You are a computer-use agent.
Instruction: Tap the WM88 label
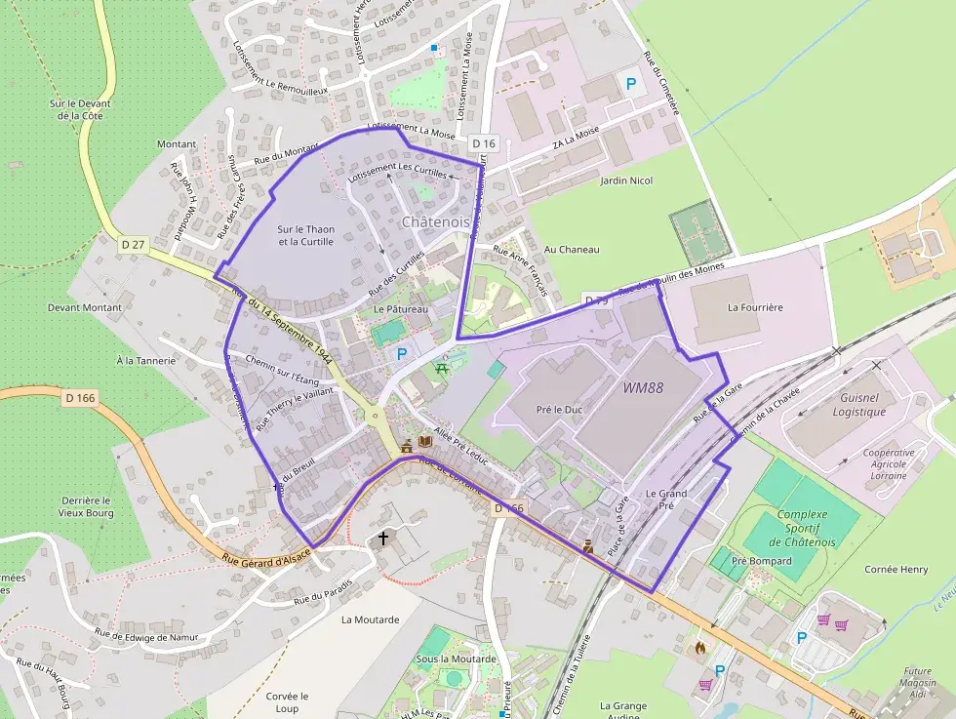(x=643, y=387)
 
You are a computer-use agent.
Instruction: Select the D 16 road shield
(x=483, y=143)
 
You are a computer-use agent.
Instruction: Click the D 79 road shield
(x=596, y=300)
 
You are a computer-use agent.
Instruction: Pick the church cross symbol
(x=383, y=539)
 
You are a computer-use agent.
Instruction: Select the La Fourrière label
(x=755, y=307)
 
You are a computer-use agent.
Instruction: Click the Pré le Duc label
(x=559, y=410)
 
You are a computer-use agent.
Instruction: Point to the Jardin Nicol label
(x=626, y=180)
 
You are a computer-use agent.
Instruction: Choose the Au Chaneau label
(x=572, y=250)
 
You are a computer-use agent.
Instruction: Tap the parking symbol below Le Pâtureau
(x=401, y=355)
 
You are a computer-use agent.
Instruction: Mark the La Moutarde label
(x=370, y=619)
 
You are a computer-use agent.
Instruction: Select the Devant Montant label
(x=85, y=307)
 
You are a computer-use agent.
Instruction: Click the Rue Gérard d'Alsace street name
(x=265, y=557)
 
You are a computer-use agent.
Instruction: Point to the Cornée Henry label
(x=896, y=569)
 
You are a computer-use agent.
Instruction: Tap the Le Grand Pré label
(x=666, y=499)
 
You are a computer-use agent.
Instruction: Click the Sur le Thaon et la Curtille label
(x=306, y=235)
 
